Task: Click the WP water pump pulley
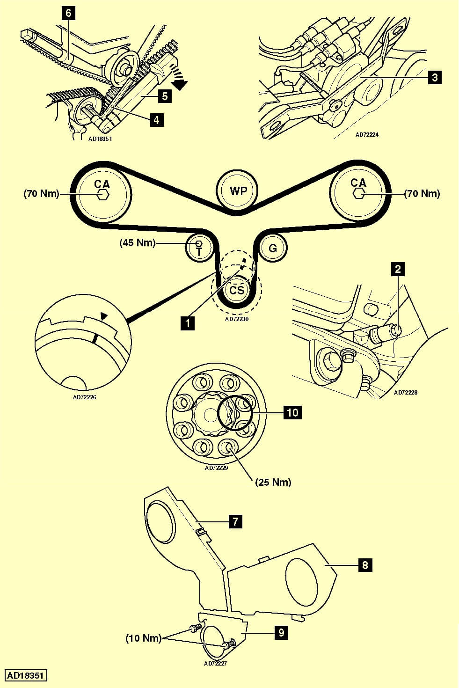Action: (x=238, y=191)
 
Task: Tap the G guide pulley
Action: (x=272, y=248)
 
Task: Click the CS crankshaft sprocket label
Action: (x=237, y=290)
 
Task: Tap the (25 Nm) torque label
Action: (x=273, y=482)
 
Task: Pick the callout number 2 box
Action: (x=398, y=269)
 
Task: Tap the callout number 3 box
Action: (x=435, y=77)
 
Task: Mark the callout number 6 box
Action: (x=68, y=13)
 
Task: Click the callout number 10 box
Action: (x=292, y=412)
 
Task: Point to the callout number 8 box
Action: (x=365, y=565)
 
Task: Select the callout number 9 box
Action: (x=281, y=633)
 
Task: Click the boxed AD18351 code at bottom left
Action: (x=26, y=675)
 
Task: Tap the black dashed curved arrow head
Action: (x=180, y=84)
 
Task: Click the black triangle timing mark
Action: (x=104, y=317)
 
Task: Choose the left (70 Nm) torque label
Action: (x=41, y=193)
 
